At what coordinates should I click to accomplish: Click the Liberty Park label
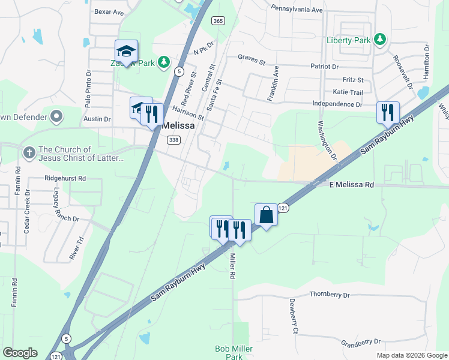pos(349,40)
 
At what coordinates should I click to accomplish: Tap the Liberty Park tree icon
pos(379,40)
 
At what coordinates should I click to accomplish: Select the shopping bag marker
pos(266,215)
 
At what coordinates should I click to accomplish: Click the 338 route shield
pos(173,140)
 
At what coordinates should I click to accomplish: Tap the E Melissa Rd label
pos(351,185)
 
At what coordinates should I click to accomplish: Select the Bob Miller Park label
pos(234,352)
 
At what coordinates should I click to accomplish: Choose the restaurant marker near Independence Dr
pos(388,112)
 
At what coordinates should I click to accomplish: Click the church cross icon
pos(28,153)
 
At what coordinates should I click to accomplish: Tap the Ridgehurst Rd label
pos(65,178)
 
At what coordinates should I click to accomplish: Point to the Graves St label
pos(252,61)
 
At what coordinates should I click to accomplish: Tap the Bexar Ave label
pos(109,11)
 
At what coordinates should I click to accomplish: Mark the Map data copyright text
pos(411,355)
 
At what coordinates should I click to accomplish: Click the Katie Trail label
pos(348,92)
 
